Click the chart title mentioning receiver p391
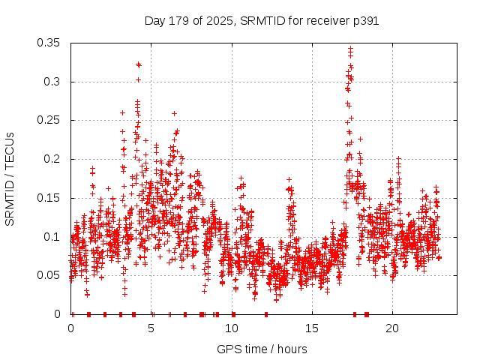click(x=261, y=21)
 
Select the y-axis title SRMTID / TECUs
click(x=10, y=178)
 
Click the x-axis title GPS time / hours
click(x=261, y=349)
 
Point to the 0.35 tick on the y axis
click(x=49, y=43)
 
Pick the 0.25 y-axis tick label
click(x=49, y=120)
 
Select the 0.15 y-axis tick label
click(x=49, y=198)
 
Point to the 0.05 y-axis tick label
click(x=49, y=275)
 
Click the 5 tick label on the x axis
click(x=151, y=328)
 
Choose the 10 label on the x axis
click(x=232, y=328)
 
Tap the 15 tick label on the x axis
click(x=312, y=328)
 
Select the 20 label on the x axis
click(x=392, y=328)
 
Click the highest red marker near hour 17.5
click(x=350, y=49)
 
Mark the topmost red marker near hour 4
click(x=138, y=64)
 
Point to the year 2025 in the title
click(x=220, y=21)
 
